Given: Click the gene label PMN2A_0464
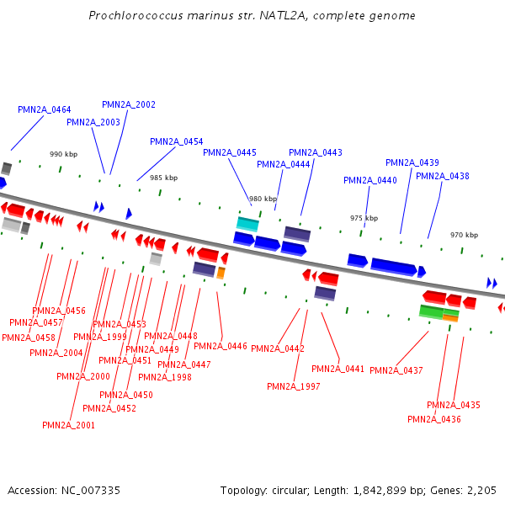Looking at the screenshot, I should coord(45,110).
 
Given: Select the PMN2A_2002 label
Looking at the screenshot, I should coord(129,104).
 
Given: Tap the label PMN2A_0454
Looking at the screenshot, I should coord(177,141).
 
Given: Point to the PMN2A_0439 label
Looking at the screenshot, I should coord(412,162).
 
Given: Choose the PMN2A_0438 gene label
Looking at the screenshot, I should coord(443,176).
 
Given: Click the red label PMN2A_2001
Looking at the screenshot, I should coord(69,425).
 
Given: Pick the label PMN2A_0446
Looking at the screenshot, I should coord(221,346).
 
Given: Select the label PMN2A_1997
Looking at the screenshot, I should coord(294,386).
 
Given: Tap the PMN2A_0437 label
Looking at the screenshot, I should coord(396,370).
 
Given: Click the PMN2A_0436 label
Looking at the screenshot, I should coord(434,419).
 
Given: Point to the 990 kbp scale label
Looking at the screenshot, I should coord(63,154).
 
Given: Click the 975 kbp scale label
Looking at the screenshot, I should coord(364,218).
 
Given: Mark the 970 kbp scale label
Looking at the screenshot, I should coord(464,235).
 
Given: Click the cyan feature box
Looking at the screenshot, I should coord(247,223).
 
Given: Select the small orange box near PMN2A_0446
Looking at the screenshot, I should coord(221,273).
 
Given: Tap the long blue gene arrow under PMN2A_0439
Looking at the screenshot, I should coord(393,267).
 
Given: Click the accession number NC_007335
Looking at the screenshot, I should coord(91,490).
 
